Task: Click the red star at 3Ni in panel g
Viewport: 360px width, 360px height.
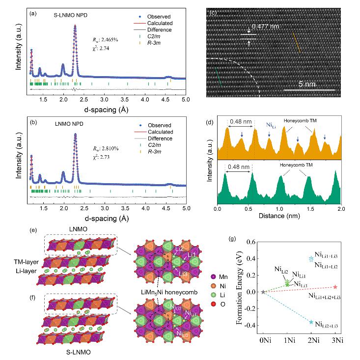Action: [335, 287]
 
